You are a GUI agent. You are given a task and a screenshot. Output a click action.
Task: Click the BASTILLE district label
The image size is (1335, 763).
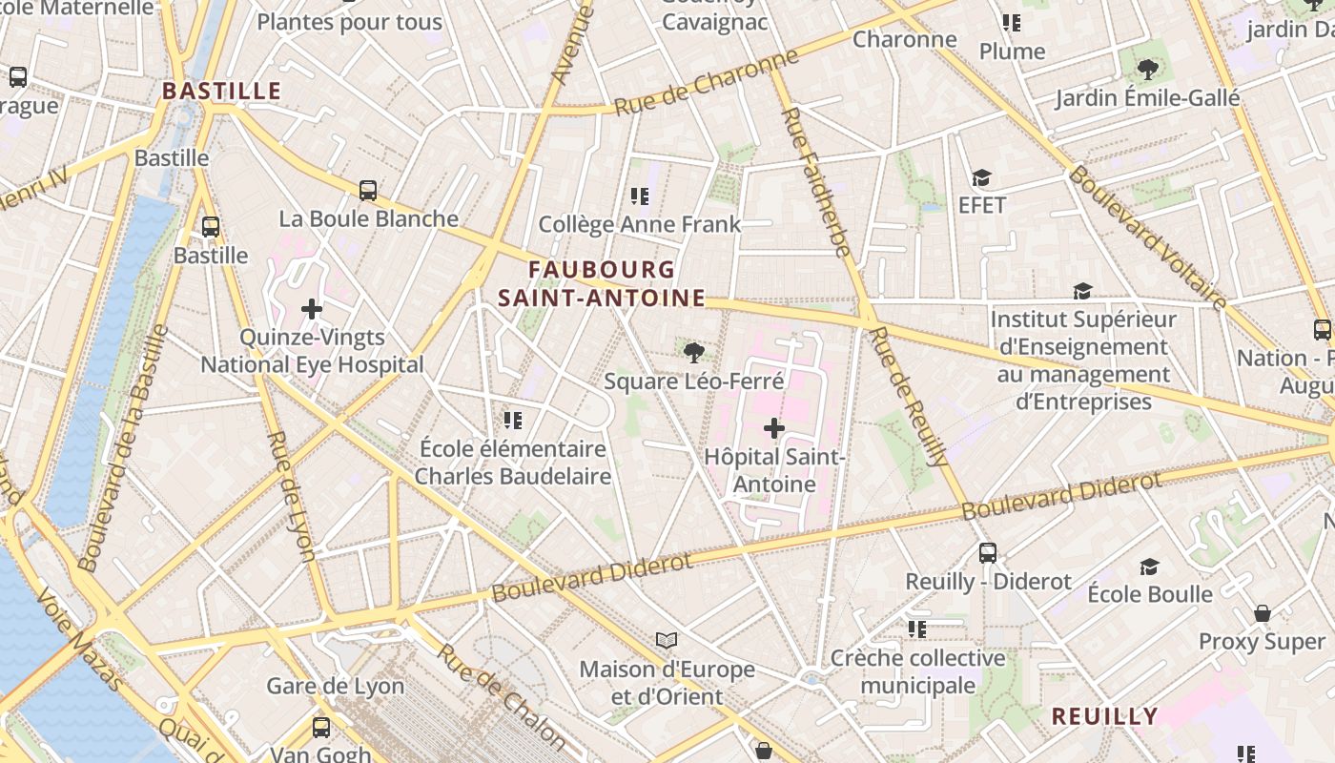click(x=221, y=92)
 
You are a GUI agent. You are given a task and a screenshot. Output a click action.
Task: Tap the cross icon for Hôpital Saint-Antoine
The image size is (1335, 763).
click(x=774, y=428)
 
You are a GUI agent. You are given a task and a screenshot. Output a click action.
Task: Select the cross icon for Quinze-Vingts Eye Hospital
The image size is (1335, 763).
click(x=312, y=309)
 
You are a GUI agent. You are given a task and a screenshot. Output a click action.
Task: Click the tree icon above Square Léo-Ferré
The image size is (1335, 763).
click(x=694, y=353)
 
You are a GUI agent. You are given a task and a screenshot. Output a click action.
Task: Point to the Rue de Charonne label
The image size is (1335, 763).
click(x=706, y=83)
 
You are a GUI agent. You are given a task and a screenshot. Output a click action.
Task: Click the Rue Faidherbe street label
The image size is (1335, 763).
click(x=815, y=181)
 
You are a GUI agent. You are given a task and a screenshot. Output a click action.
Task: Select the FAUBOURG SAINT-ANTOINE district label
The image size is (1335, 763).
click(x=602, y=284)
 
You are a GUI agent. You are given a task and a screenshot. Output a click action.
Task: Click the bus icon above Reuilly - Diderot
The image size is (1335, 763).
click(x=988, y=553)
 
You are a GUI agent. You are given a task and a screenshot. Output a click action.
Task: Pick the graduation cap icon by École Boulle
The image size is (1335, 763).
click(x=1149, y=567)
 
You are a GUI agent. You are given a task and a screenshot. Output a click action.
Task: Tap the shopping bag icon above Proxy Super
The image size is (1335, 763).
click(x=1263, y=613)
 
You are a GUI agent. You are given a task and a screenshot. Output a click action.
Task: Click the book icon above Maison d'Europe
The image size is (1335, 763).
click(x=667, y=640)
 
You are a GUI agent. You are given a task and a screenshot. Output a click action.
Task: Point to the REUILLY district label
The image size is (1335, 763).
click(x=1104, y=716)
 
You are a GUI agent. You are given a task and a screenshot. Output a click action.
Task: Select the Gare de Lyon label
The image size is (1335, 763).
click(x=335, y=686)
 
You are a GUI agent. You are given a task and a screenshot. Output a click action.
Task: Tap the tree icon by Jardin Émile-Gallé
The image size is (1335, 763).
click(x=1148, y=69)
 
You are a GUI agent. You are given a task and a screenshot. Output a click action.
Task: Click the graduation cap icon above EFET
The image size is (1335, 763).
click(x=981, y=178)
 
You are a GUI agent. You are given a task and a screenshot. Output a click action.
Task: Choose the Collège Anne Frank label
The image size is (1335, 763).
click(x=639, y=225)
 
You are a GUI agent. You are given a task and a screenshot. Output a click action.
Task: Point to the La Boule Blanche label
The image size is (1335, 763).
click(x=368, y=218)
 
